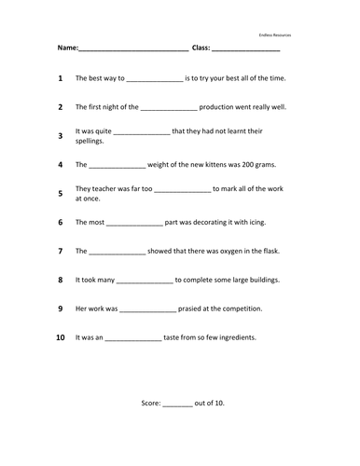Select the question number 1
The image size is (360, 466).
60,79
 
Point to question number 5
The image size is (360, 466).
60,194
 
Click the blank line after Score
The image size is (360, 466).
179,404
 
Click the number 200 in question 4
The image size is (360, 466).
239,165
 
